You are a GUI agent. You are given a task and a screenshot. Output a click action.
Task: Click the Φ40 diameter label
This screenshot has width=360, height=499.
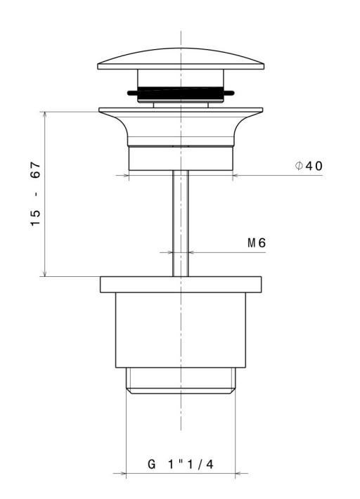point(309,166)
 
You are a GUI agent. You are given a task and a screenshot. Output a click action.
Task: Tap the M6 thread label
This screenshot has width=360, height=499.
point(257,243)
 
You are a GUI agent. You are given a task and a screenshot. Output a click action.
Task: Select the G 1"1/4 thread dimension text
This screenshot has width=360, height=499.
point(181,465)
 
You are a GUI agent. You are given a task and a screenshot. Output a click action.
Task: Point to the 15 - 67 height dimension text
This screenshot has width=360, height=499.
point(36,194)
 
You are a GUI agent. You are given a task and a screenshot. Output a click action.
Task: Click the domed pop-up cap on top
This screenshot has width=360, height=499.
point(181,59)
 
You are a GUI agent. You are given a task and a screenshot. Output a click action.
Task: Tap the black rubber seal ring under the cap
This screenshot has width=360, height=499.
point(181,93)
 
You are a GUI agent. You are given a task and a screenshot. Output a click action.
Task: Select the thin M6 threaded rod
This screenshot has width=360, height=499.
point(181,223)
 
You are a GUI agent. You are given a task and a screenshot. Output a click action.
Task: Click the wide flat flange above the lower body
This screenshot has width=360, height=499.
point(181,285)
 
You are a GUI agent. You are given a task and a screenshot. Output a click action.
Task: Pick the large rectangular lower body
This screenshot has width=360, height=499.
point(181,330)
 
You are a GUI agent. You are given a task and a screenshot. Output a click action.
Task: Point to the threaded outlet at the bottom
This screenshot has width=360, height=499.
point(181,381)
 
